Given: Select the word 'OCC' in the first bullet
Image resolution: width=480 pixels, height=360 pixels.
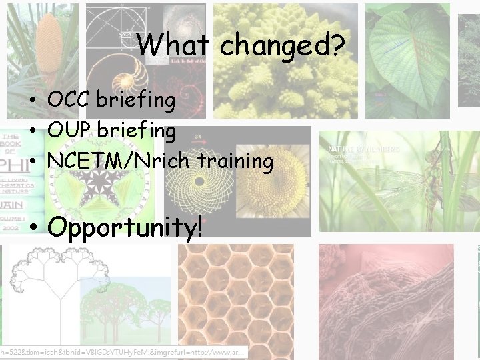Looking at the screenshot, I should pyautogui.click(x=69, y=100).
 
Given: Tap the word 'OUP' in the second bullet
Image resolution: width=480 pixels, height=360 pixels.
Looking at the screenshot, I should pyautogui.click(x=69, y=131).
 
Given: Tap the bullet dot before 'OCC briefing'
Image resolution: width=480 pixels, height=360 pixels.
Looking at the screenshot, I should pyautogui.click(x=33, y=101).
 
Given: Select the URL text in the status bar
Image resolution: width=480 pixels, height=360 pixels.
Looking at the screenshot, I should pyautogui.click(x=123, y=351).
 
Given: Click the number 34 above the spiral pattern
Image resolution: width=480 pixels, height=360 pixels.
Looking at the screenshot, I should pyautogui.click(x=199, y=138).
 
